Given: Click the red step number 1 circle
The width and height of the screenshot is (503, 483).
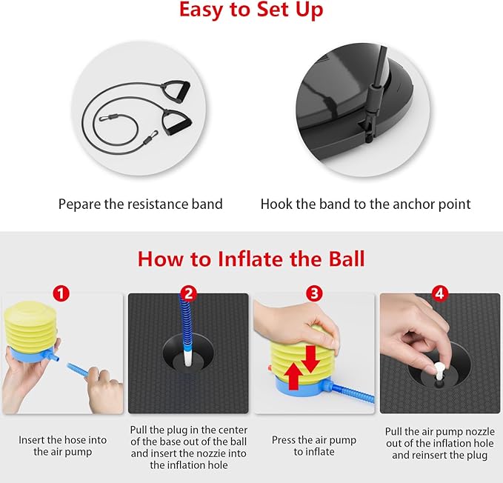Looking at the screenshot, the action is click(x=61, y=293).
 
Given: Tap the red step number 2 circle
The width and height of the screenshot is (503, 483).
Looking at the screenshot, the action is click(x=188, y=293).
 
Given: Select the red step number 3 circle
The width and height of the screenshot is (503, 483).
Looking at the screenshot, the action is click(x=314, y=293).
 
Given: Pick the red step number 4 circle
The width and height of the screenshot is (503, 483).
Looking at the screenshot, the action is click(x=440, y=293).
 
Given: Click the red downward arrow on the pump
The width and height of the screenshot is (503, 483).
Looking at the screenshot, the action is click(x=310, y=359).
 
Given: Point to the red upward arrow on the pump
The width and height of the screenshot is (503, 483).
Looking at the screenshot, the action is click(x=294, y=377).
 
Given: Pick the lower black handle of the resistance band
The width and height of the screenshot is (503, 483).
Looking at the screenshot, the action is click(x=177, y=122).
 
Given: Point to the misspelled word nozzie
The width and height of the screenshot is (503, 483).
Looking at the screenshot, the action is click(x=230, y=453).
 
